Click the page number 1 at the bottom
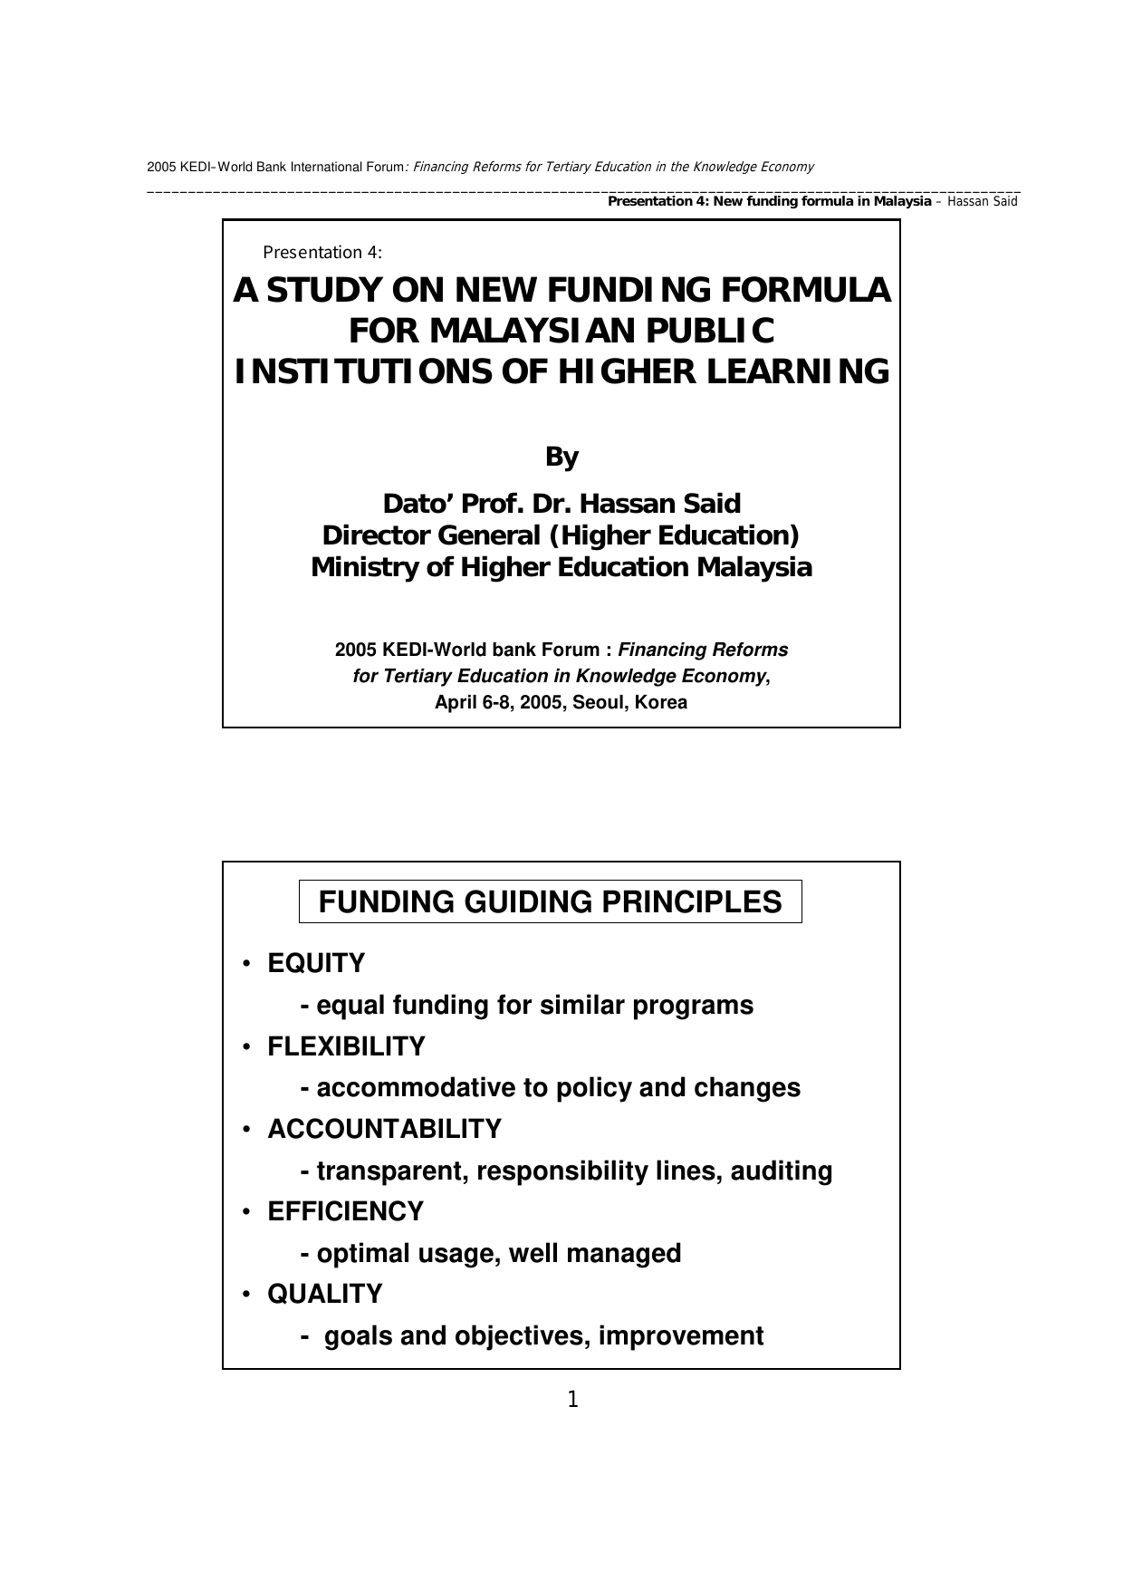[x=572, y=1400]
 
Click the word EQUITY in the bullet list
[x=316, y=963]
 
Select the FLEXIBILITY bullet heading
[x=346, y=1046]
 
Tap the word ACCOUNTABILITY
[x=384, y=1129]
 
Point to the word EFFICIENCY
[x=345, y=1211]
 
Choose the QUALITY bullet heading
[x=324, y=1294]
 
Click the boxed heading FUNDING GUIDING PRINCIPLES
[x=550, y=901]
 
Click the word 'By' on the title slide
[x=561, y=458]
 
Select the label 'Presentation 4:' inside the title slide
[x=322, y=253]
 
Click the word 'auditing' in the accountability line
[x=781, y=1171]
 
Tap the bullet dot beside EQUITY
[x=245, y=964]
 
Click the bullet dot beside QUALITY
[x=245, y=1295]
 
